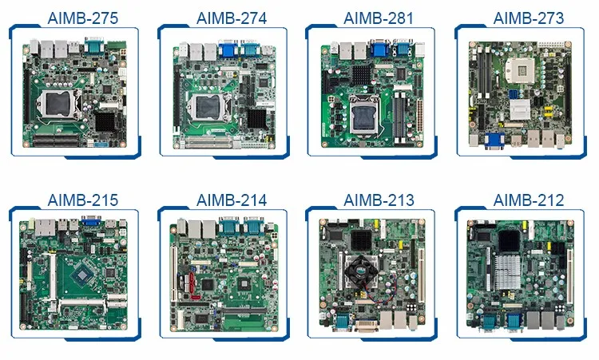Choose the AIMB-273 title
point(528,18)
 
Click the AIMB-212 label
point(528,199)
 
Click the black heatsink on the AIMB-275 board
point(107,121)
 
